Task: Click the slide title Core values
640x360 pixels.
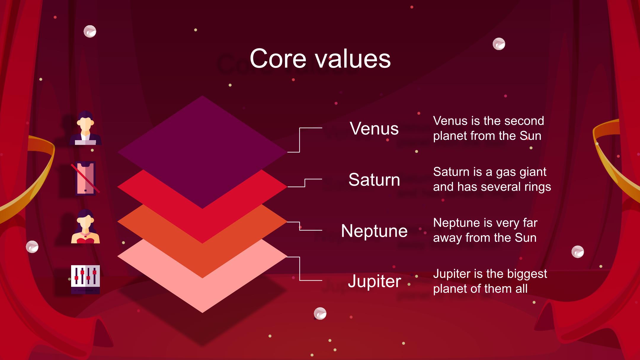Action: pos(320,59)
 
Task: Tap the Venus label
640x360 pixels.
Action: pos(374,128)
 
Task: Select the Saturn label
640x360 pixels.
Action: pos(374,180)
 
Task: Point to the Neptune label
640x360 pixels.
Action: pos(374,231)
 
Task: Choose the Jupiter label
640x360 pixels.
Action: pos(374,281)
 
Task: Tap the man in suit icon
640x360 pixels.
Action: pos(85,128)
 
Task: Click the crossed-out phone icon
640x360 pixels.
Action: pos(85,178)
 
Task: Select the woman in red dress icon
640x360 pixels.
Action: pos(85,226)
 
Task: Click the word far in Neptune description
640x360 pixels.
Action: pos(530,223)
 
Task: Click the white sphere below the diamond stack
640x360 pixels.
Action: pos(320,313)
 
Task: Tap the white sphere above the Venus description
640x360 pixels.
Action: pos(499,44)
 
